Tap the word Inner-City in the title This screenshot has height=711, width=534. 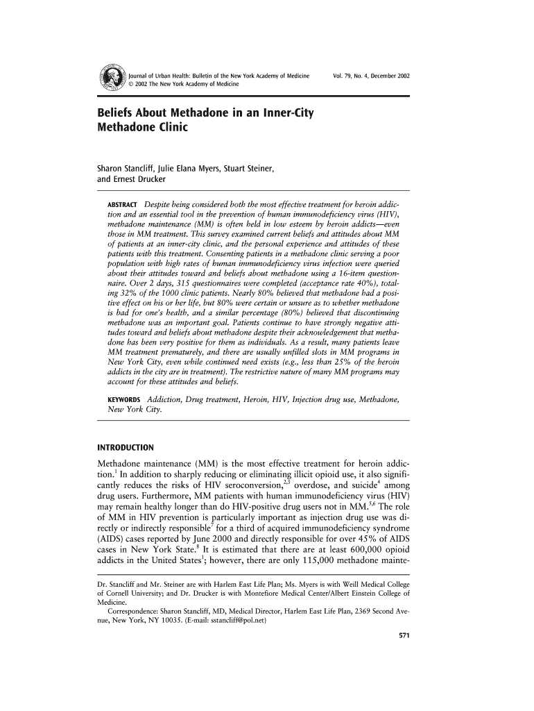click(x=284, y=112)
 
